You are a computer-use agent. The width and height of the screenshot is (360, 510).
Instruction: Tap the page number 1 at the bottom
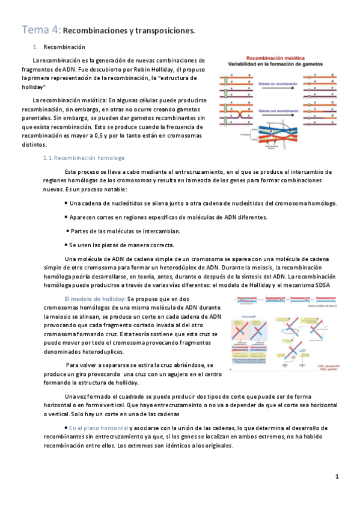[x=338, y=477]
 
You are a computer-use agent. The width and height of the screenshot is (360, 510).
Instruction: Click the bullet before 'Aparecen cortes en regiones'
[x=66, y=217]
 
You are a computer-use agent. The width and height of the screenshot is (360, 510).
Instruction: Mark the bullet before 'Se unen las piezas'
[x=66, y=245]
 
